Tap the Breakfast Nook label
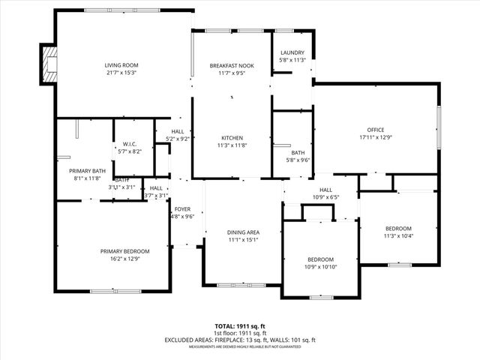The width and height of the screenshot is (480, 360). (232, 66)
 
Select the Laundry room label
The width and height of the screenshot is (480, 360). (292, 52)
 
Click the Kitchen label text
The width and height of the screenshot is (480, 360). (232, 138)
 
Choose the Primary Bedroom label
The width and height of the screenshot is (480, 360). (125, 251)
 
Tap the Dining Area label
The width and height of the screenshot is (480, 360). (243, 232)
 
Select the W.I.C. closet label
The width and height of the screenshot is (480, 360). (129, 143)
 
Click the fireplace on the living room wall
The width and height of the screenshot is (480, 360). (50, 66)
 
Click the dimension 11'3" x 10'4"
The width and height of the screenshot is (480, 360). (398, 236)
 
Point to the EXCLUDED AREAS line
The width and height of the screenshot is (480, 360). (239, 340)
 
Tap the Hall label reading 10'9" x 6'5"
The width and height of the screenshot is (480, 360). (325, 197)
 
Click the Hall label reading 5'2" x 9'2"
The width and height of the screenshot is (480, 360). (177, 139)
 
